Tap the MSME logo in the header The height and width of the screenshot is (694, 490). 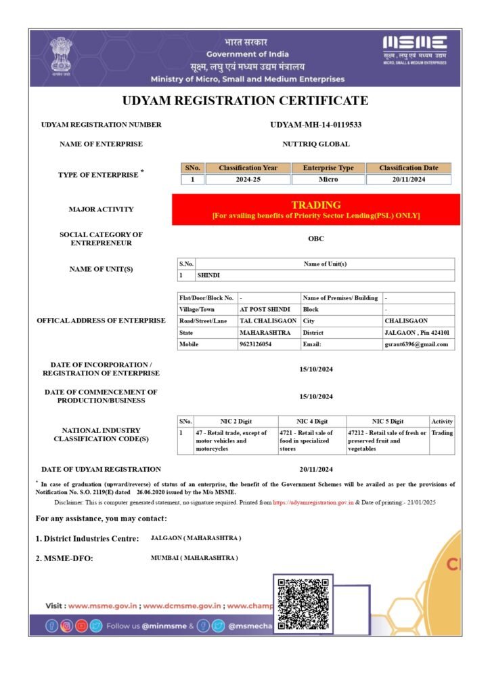pyautogui.click(x=415, y=49)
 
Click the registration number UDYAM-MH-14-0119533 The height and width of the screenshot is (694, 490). pyautogui.click(x=315, y=125)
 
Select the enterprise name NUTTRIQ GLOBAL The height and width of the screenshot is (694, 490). pyautogui.click(x=315, y=144)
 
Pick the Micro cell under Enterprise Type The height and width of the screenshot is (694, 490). pyautogui.click(x=328, y=180)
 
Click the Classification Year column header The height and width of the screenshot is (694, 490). pyautogui.click(x=248, y=168)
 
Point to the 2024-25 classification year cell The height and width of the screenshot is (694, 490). pyautogui.click(x=248, y=180)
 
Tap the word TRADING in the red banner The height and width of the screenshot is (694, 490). pyautogui.click(x=315, y=205)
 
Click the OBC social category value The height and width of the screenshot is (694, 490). pyautogui.click(x=315, y=239)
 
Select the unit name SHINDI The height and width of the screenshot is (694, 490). pyautogui.click(x=208, y=276)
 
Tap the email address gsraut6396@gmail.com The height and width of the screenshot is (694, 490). pyautogui.click(x=416, y=344)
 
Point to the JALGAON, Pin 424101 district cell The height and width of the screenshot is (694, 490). pyautogui.click(x=417, y=333)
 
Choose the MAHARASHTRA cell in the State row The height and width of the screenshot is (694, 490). pyautogui.click(x=265, y=333)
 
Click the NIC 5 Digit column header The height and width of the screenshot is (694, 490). pyautogui.click(x=387, y=422)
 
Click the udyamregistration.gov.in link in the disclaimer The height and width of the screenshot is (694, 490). pyautogui.click(x=313, y=504)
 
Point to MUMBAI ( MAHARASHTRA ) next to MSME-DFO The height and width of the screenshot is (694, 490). pyautogui.click(x=194, y=558)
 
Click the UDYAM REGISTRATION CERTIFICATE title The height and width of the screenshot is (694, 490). pyautogui.click(x=245, y=101)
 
